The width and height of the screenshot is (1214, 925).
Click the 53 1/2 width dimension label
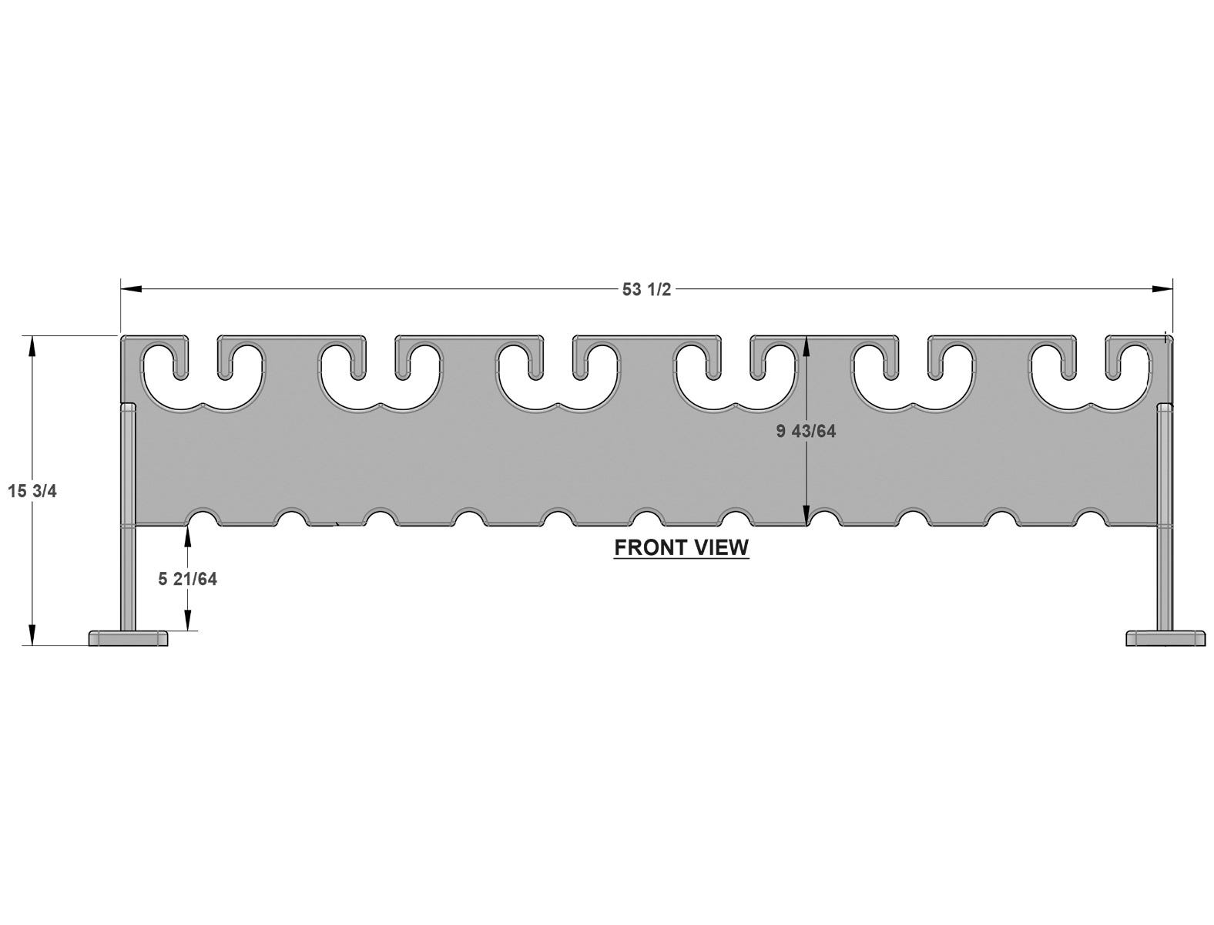(646, 289)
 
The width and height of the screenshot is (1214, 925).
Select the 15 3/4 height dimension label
(32, 491)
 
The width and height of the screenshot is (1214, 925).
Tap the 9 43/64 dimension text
(806, 431)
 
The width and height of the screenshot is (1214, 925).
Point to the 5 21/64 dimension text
(187, 579)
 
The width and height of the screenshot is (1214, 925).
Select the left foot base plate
(129, 638)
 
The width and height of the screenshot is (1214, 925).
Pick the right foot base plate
(1165, 638)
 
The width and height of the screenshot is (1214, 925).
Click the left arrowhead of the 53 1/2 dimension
(130, 289)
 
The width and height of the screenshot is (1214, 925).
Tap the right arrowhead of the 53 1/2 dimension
(1162, 289)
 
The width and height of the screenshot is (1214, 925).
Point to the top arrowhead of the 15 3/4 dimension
(32, 346)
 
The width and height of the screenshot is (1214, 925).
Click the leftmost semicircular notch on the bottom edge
(205, 516)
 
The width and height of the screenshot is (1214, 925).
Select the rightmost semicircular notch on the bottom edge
(1090, 516)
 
